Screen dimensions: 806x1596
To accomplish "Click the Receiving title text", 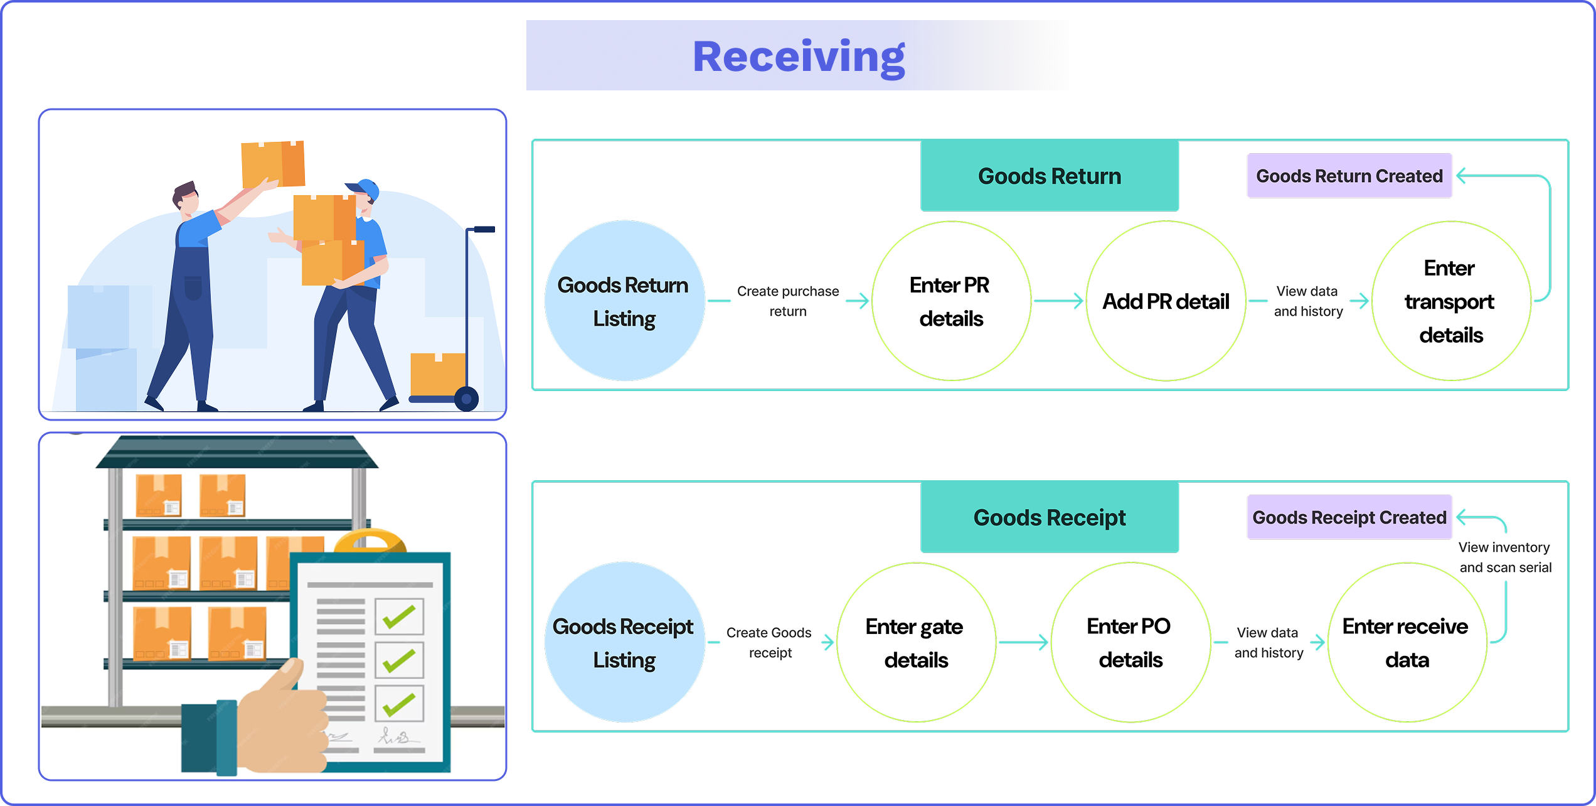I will coord(799,56).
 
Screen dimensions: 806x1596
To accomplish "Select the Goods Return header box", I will coord(1049,176).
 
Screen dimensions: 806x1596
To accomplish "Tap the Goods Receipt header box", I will coord(1049,517).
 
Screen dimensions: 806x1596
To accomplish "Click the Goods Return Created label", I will coord(1349,176).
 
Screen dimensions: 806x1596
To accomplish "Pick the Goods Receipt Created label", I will coord(1349,517).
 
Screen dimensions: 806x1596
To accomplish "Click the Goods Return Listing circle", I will coord(624,301).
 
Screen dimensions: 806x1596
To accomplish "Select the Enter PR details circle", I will coord(950,301).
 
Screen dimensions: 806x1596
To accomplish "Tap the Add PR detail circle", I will coord(1166,301).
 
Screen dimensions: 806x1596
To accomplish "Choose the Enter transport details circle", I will coord(1450,301).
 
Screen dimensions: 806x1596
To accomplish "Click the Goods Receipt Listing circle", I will coord(624,643).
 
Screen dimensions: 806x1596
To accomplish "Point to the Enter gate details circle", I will coord(915,643).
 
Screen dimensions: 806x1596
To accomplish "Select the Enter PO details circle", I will coord(1130,643).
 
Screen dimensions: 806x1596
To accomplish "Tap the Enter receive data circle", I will coord(1407,643).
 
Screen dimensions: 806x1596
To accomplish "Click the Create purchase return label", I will coord(788,301).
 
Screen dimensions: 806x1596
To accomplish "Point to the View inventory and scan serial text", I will coord(1504,557).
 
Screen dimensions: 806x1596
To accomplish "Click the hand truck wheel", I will coord(466,398).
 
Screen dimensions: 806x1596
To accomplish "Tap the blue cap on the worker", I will coord(366,188).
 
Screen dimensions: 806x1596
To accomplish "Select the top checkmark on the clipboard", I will coord(399,617).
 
